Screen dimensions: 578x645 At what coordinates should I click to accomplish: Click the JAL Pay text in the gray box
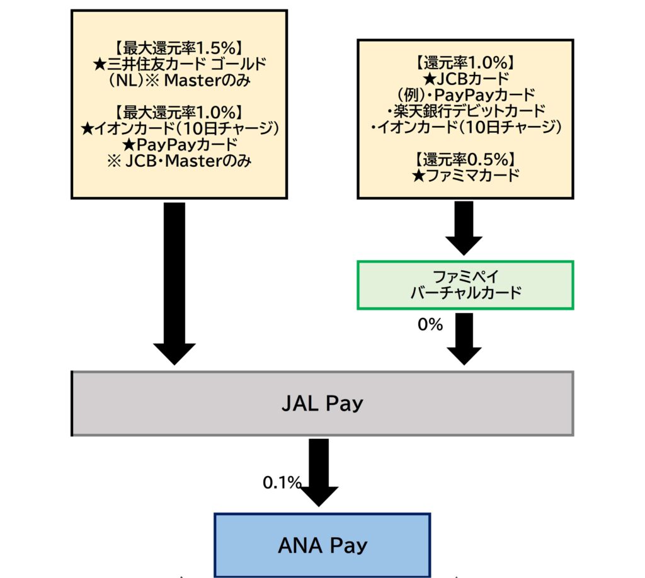(x=322, y=403)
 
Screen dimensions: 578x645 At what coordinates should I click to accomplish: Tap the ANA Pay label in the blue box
(x=322, y=545)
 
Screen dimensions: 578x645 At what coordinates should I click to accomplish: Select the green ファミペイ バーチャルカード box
(x=465, y=285)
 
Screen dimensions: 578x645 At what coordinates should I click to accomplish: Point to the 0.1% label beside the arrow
(x=281, y=483)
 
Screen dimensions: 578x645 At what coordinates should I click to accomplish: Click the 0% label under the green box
(x=430, y=326)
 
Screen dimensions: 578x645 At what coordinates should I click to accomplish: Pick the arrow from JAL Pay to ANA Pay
(x=319, y=471)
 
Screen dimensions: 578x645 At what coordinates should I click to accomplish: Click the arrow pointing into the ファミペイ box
(x=464, y=228)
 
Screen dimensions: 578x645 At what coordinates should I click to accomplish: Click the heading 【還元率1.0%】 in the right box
(x=465, y=62)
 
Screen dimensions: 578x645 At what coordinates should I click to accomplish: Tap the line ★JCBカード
(x=465, y=79)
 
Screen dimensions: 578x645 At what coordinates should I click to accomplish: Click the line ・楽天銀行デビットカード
(x=465, y=111)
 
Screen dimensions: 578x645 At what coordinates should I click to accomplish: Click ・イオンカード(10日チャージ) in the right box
(x=465, y=127)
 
